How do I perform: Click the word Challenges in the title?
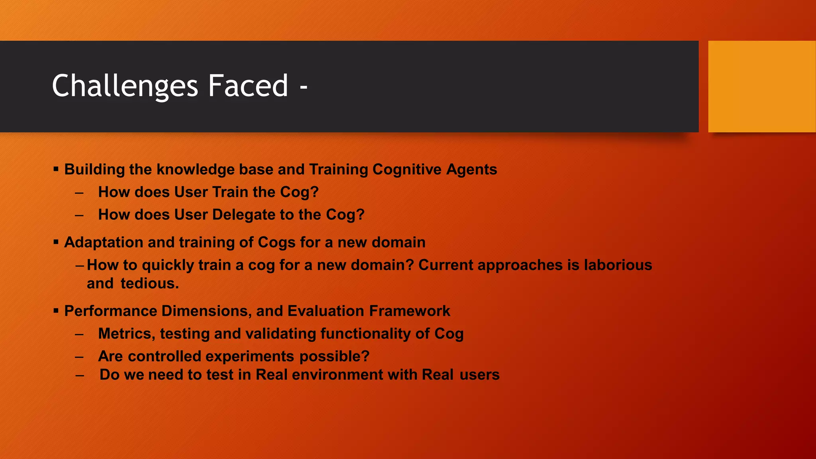(x=125, y=86)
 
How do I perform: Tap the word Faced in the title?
(x=248, y=86)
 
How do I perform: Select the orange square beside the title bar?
(x=761, y=86)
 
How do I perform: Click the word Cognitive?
(x=407, y=169)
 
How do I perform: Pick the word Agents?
(x=471, y=169)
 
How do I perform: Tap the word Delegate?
(x=243, y=215)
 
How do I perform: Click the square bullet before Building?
(x=56, y=169)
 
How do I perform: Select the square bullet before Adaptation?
(x=56, y=242)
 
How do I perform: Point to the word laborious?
(x=618, y=265)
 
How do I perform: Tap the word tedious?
(x=149, y=283)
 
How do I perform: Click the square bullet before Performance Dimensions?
(x=56, y=310)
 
